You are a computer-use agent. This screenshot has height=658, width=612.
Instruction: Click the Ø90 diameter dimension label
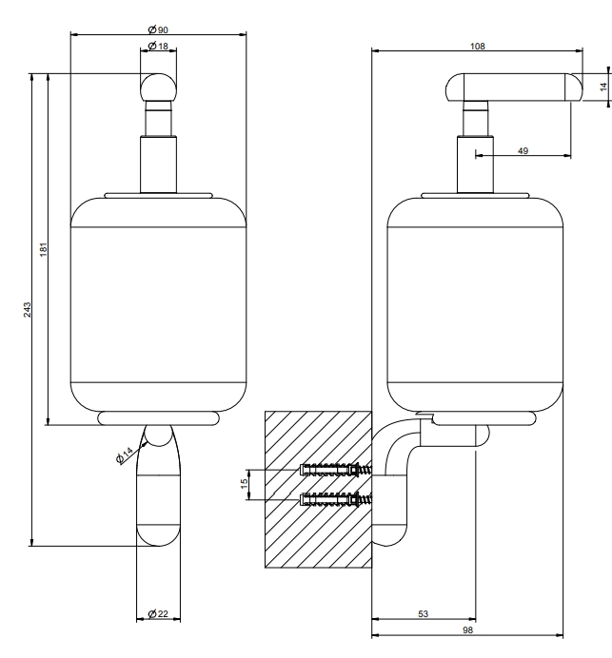[x=158, y=29]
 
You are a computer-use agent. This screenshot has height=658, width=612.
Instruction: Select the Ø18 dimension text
[x=158, y=46]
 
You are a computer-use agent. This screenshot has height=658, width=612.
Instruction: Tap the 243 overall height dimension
[x=28, y=310]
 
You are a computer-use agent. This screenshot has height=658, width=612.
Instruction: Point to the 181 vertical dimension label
[x=44, y=249]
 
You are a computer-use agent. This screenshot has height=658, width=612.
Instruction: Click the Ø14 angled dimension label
[x=125, y=455]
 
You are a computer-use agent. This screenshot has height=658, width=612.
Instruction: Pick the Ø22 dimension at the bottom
[x=158, y=614]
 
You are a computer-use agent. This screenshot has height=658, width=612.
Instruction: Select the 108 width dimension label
[x=477, y=47]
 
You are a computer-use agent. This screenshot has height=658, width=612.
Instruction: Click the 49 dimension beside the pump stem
[x=523, y=150]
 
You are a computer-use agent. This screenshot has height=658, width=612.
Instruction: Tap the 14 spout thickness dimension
[x=603, y=87]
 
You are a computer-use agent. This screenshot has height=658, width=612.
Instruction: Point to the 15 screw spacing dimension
[x=245, y=484]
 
